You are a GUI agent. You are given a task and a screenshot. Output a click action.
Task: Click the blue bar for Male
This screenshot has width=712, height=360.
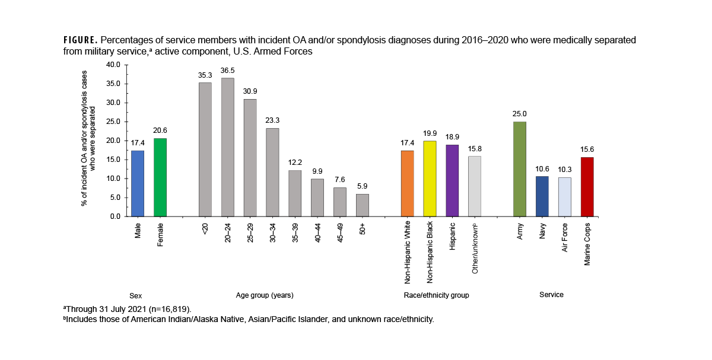137,183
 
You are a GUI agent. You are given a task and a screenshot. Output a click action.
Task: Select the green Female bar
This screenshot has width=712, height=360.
160,177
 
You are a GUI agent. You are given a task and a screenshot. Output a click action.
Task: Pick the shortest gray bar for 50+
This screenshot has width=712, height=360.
362,205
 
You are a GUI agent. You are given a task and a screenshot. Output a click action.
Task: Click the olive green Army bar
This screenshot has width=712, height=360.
519,169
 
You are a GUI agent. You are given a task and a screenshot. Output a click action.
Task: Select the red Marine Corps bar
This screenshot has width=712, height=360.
587,187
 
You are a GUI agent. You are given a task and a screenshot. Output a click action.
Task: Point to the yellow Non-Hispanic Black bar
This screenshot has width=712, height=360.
430,179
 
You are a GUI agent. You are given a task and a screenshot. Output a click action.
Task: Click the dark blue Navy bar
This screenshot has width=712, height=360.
542,196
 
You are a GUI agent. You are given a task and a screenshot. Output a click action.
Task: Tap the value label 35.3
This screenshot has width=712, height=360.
205,75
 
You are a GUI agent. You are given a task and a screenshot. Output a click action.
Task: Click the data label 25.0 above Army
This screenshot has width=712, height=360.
519,114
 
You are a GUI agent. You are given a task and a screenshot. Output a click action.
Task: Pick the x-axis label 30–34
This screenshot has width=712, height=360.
272,232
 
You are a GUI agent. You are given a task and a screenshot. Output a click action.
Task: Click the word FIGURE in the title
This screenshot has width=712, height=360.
80,40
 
